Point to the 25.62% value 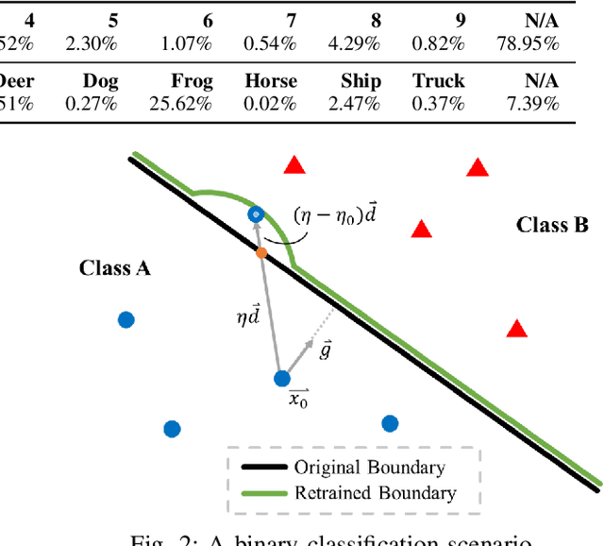click(180, 103)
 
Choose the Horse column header click(271, 81)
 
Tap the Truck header click(439, 81)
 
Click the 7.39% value click(533, 103)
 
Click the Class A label click(115, 268)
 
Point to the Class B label click(552, 225)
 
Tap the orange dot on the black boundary click(261, 251)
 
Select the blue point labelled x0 click(281, 379)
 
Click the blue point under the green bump click(255, 215)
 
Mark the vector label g click(325, 350)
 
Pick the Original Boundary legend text click(369, 467)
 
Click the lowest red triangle click(516, 329)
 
